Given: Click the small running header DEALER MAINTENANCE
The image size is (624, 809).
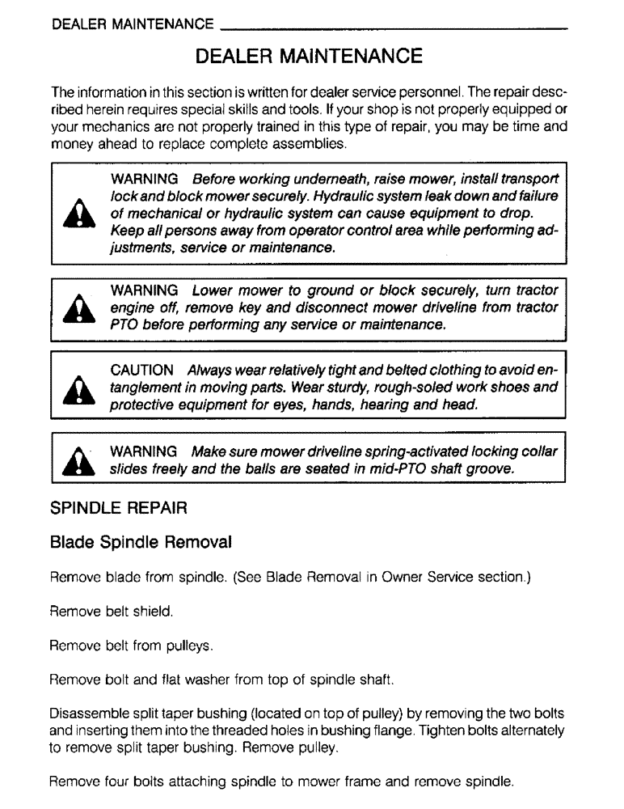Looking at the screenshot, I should (132, 25).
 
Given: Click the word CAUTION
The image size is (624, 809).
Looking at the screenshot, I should (141, 370).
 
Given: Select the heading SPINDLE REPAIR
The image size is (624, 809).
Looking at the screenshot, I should (119, 510).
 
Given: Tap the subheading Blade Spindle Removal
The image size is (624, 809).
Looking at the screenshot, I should (141, 540).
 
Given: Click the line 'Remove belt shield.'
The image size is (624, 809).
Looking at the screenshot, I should (112, 613).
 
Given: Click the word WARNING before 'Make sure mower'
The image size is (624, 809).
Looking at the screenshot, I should (144, 451).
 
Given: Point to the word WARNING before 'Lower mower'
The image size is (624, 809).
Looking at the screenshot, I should (144, 290).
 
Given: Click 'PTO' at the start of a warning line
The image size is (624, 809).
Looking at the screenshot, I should (124, 325).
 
